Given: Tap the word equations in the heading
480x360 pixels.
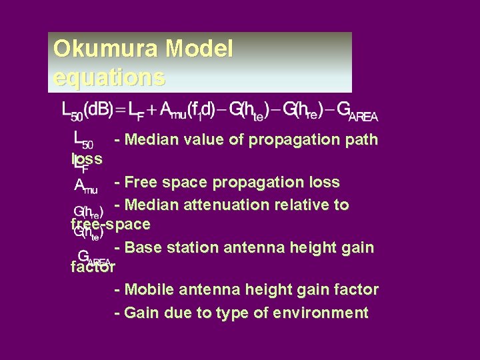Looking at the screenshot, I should coord(109,78).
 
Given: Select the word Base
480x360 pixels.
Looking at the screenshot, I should coord(142,247).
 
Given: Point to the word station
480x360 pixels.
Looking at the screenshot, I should coord(191,247).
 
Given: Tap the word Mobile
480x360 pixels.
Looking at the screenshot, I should coord(148,290).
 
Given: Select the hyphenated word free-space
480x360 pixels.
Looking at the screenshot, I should coord(110,225).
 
